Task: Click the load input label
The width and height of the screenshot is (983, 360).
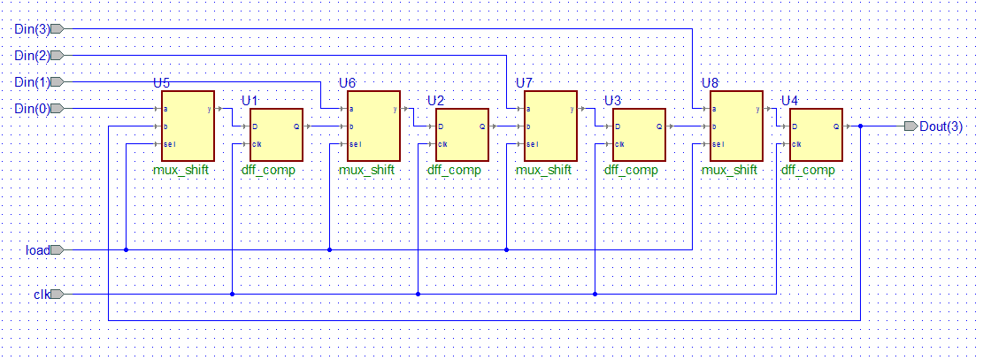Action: coord(37,250)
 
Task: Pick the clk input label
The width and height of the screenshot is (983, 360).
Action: coord(42,295)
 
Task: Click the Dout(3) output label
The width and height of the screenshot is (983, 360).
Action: coord(941,126)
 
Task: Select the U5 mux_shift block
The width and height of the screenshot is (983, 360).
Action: coord(188,126)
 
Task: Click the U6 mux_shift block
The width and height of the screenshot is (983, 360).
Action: coord(373,126)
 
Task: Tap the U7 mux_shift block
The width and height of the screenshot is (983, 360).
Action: coord(550,126)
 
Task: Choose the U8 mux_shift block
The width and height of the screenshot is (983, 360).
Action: coord(736,126)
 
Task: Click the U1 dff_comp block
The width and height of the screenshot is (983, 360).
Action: coord(276,134)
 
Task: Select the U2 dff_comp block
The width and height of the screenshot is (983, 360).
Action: coord(462,134)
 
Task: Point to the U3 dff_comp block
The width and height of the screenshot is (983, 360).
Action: coord(639,134)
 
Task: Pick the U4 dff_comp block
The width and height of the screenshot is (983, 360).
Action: coord(816,134)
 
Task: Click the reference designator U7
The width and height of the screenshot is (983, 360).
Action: coord(524,83)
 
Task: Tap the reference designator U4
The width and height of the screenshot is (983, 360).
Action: coord(789,101)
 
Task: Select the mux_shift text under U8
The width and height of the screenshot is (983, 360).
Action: coord(730,170)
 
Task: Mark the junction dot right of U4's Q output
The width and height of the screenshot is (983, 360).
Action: coord(860,126)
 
